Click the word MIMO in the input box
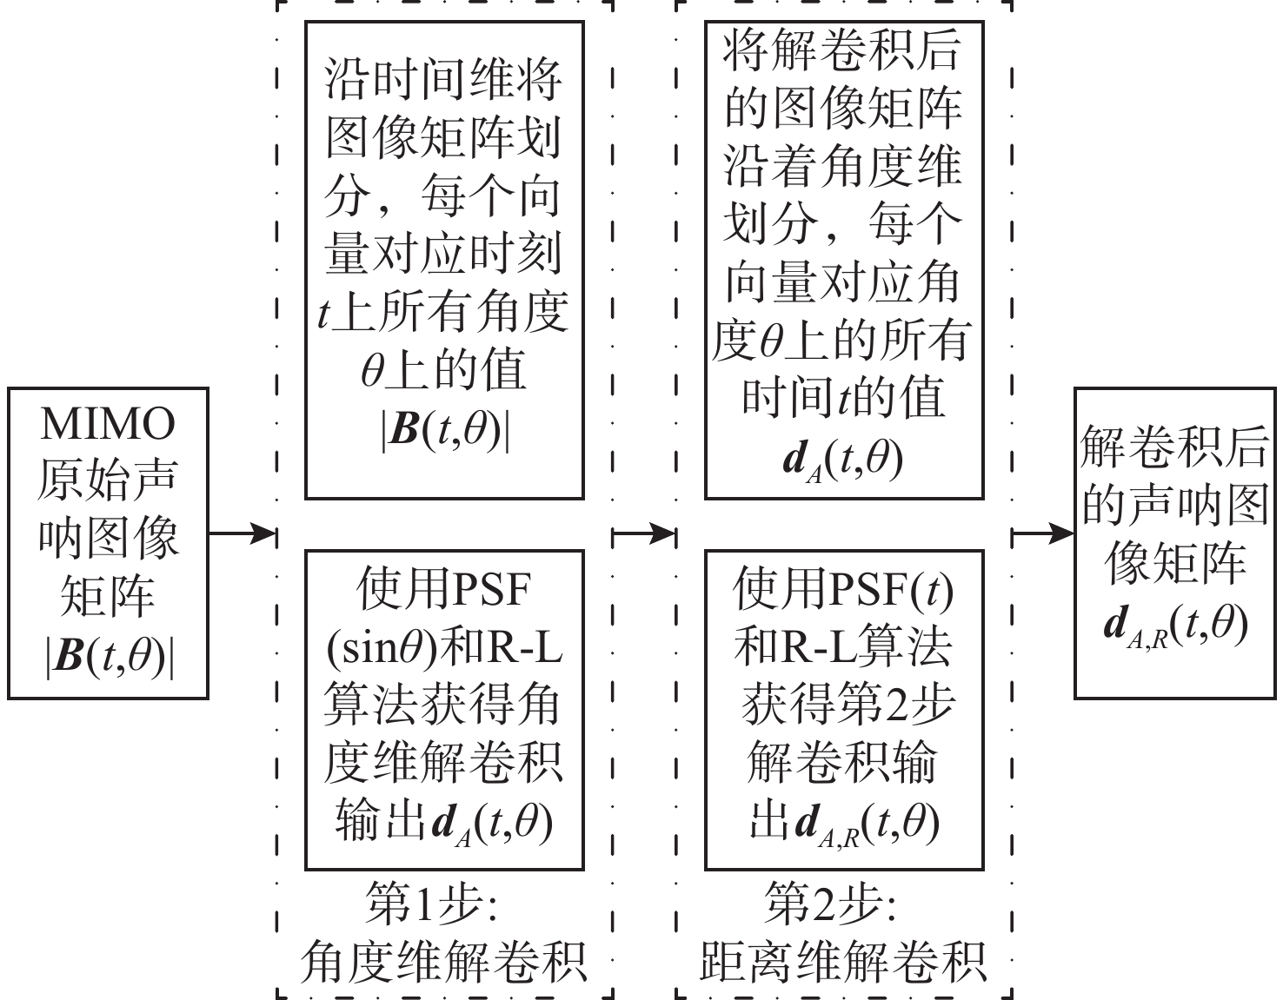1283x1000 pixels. pyautogui.click(x=108, y=425)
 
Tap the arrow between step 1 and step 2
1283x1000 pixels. pyautogui.click(x=644, y=533)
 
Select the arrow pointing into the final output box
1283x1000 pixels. pyautogui.click(x=1043, y=533)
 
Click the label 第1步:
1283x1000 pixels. pyautogui.click(x=432, y=904)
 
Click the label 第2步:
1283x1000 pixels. pyautogui.click(x=832, y=904)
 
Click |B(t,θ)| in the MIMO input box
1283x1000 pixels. pyautogui.click(x=109, y=658)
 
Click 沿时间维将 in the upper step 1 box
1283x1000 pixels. pyautogui.click(x=444, y=81)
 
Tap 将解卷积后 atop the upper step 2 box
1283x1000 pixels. pyautogui.click(x=842, y=50)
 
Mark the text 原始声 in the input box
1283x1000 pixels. pyautogui.click(x=108, y=480)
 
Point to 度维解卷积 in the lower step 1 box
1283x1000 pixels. pyautogui.click(x=444, y=762)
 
